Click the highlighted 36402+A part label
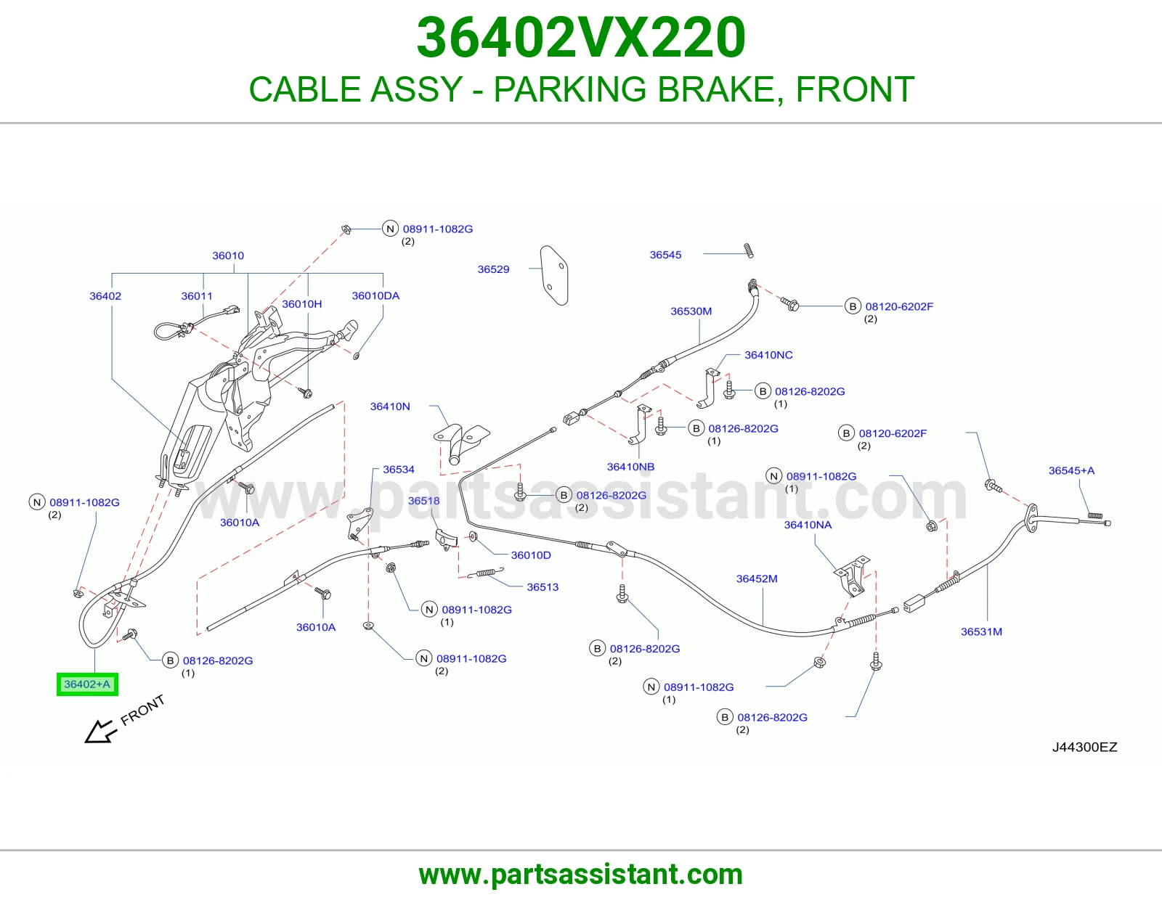coord(87,684)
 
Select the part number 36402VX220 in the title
coord(581,38)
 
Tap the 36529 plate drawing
coord(554,274)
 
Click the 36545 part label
coord(665,255)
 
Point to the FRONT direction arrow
coord(99,731)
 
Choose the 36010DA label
coord(375,295)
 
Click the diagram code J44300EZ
coord(1084,747)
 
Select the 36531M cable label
coord(981,631)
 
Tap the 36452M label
coord(757,578)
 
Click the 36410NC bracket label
coord(768,355)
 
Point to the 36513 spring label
coord(543,587)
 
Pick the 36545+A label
coord(1071,470)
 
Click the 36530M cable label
coord(691,311)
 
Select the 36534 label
coord(399,470)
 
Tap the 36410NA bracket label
coord(808,525)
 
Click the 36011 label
coord(196,296)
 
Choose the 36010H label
coord(301,304)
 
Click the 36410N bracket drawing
coord(460,443)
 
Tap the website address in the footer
coord(581,875)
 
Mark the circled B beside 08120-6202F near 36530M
coord(853,306)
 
